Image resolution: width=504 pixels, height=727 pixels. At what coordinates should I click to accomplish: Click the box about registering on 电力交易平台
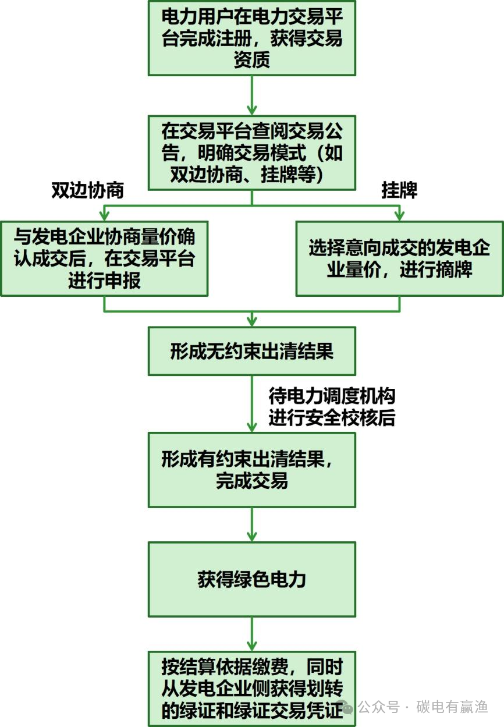pos(251,38)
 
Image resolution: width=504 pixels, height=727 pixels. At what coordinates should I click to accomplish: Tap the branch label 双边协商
pos(87,191)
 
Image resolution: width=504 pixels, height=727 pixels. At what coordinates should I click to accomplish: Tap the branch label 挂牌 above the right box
pos(399,191)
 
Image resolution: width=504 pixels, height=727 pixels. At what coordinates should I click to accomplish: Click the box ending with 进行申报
pos(104,258)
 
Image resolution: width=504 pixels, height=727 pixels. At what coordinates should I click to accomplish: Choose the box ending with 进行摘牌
pos(399,258)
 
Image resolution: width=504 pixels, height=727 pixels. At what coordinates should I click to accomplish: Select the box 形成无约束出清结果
pos(251,351)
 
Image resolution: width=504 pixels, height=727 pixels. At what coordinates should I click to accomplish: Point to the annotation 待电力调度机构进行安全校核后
pos(331,407)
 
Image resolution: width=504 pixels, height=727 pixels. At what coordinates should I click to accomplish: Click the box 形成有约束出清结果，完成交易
pos(251,469)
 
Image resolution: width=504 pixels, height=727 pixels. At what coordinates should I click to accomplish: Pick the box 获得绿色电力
pos(251,580)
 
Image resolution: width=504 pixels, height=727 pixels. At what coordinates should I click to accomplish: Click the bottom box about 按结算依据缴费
pos(251,688)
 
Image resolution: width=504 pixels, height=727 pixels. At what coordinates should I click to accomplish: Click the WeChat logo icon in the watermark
pos(347,708)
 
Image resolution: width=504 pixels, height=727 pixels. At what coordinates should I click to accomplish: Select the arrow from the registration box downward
pos(251,94)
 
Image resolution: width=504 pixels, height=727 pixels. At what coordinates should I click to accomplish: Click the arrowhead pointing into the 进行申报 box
pos(104,216)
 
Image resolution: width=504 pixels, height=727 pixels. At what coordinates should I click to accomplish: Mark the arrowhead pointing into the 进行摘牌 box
pos(399,216)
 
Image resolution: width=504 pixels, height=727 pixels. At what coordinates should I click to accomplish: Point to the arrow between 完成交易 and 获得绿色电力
pos(251,524)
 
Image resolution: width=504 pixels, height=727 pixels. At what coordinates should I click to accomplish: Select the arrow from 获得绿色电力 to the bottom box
pos(251,633)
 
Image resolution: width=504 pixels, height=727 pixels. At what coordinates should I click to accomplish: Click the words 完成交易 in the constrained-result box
pos(251,481)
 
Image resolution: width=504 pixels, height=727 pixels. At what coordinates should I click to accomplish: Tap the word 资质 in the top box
pos(251,60)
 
